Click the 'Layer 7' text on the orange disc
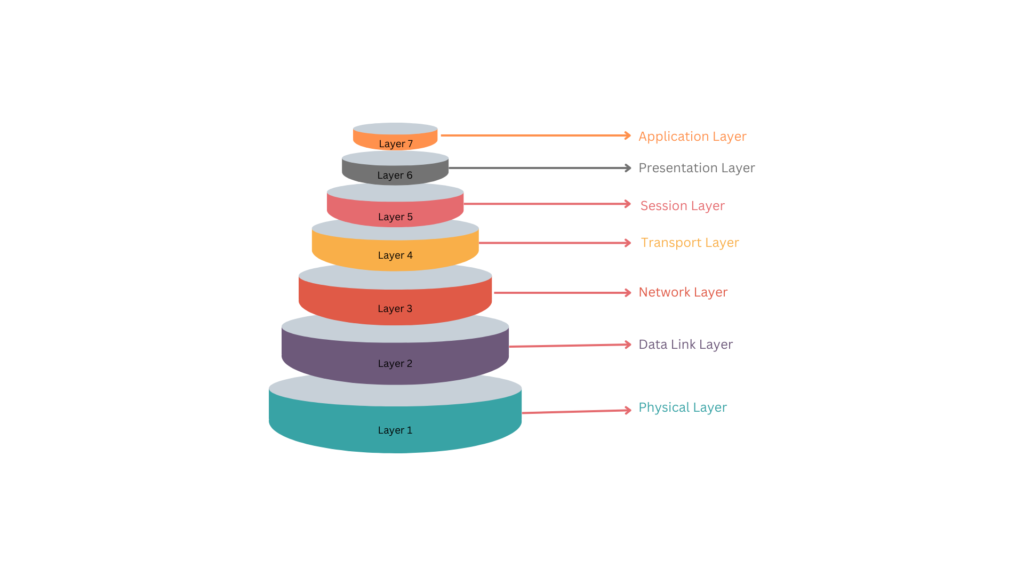click(395, 144)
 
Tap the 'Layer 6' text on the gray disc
click(395, 176)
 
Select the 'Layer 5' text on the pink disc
click(395, 217)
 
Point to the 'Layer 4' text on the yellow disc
click(395, 256)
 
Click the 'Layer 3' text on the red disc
click(395, 309)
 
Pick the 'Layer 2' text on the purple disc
click(395, 364)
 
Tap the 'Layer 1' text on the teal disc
click(395, 431)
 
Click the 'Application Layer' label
click(692, 137)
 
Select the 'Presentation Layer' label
click(696, 168)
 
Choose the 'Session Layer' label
click(682, 206)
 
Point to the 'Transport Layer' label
click(689, 243)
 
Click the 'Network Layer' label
click(683, 293)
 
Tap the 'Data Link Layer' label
click(685, 345)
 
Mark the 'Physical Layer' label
click(682, 408)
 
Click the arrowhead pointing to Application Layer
click(627, 135)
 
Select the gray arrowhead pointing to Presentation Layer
click(627, 168)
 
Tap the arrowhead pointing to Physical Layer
click(626, 410)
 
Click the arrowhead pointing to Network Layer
click(626, 293)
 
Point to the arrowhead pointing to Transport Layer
click(626, 242)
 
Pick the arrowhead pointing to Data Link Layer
click(626, 345)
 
